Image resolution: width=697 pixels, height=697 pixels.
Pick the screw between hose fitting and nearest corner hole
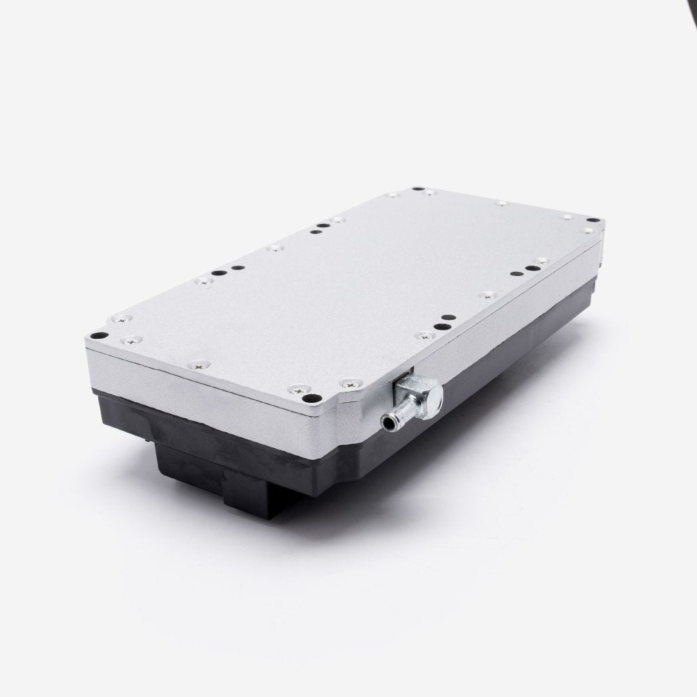[x=346, y=383]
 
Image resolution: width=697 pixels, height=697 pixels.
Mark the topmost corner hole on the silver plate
[x=417, y=189]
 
